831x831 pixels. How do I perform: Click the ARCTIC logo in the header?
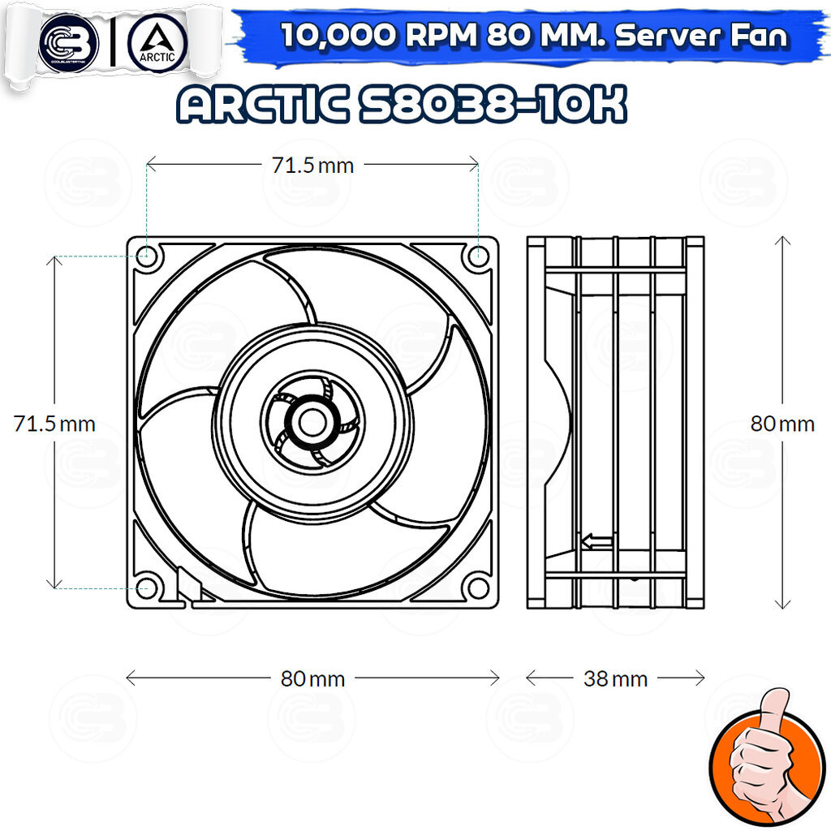coord(157,42)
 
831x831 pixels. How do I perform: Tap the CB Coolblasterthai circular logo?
coord(68,42)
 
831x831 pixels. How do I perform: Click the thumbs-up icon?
coord(767,756)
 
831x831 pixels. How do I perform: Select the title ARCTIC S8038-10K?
coord(402,105)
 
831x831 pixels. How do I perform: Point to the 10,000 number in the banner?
coord(339,36)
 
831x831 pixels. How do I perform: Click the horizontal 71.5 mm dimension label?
coord(312,166)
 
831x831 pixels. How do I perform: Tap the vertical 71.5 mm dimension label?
coord(54,424)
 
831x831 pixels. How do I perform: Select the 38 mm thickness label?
coord(615,679)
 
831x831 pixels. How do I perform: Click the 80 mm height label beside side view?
coord(782,424)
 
